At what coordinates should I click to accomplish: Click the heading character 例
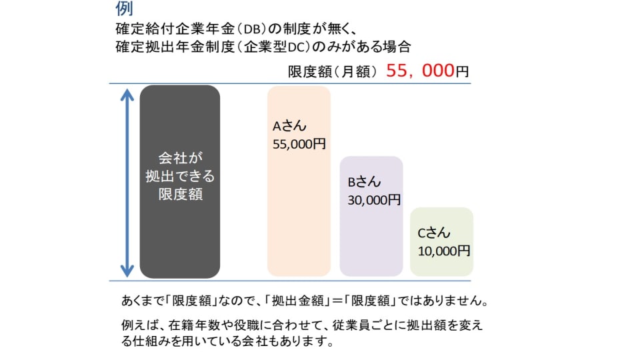tap(124, 8)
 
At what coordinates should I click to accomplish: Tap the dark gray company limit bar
tap(180, 227)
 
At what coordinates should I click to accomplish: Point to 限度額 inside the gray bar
tap(179, 195)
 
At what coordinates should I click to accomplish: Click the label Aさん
tap(290, 127)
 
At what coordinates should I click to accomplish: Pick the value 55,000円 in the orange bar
tap(299, 143)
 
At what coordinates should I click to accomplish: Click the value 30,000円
tap(374, 199)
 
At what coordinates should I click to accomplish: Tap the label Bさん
tap(365, 182)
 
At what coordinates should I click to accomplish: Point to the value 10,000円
tap(444, 251)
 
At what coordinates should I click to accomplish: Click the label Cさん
tap(434, 233)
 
